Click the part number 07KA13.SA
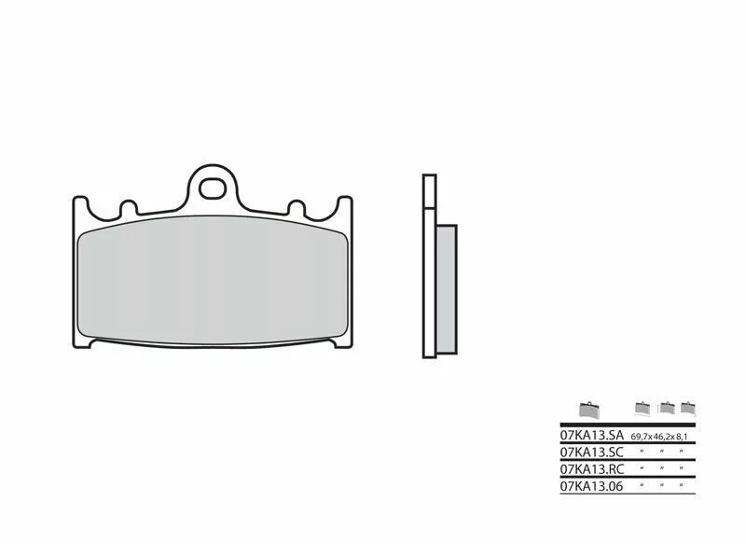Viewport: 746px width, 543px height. coord(591,435)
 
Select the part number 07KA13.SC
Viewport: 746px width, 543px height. coord(591,452)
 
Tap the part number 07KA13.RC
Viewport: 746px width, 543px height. coord(591,468)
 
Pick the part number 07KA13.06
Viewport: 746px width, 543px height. coord(591,486)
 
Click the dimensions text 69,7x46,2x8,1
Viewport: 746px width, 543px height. coord(659,437)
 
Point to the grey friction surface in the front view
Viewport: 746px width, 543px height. coord(213,281)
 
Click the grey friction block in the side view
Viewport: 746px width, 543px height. coord(447,289)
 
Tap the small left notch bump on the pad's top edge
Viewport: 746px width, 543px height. coord(129,207)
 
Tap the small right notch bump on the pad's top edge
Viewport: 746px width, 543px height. coord(297,207)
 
